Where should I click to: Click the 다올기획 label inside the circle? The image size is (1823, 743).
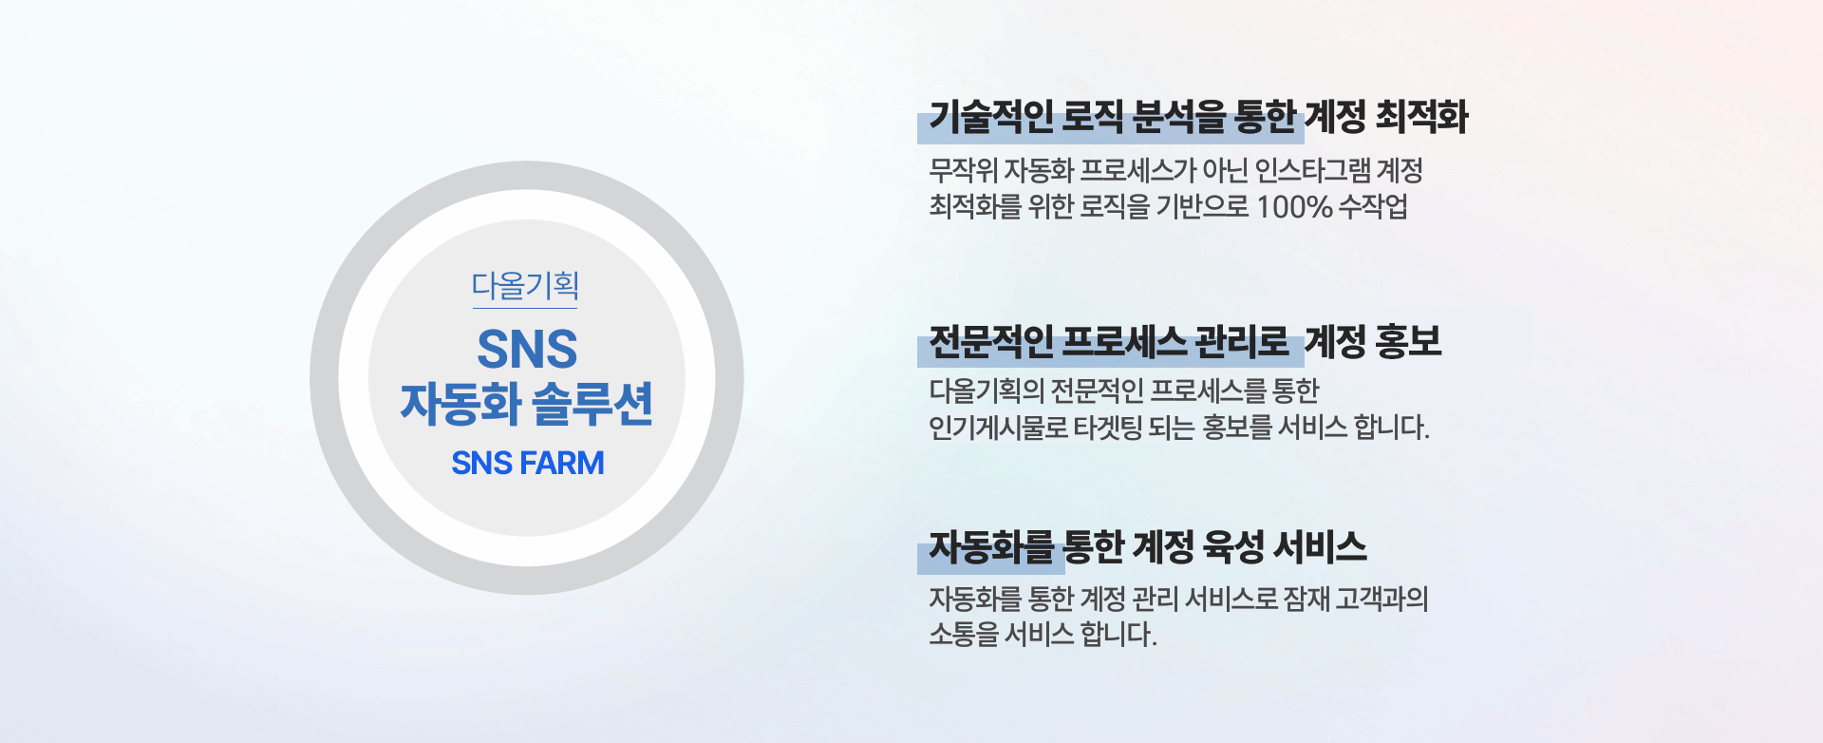[525, 285]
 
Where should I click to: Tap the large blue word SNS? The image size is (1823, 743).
[527, 349]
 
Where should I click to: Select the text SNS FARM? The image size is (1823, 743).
[528, 463]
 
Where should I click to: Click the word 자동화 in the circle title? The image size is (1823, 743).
[460, 404]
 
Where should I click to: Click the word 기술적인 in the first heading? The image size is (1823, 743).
[990, 117]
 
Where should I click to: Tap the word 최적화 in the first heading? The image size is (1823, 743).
[1421, 117]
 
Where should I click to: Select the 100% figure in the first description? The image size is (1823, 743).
[1294, 206]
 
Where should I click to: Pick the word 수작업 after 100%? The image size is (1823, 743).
[1373, 206]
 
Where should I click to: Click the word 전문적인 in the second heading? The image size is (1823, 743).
[990, 341]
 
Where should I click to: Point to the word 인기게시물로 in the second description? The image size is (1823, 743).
[998, 428]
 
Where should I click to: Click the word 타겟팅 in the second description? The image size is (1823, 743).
[1107, 428]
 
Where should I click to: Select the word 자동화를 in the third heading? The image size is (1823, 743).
[991, 546]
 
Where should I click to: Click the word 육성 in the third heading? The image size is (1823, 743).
[1233, 546]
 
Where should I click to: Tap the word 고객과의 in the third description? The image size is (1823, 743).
[1381, 599]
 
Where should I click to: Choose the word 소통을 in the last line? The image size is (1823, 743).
[963, 634]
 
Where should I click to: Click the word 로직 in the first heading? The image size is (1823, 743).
[1092, 117]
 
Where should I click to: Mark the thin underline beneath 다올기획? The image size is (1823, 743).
[525, 308]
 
